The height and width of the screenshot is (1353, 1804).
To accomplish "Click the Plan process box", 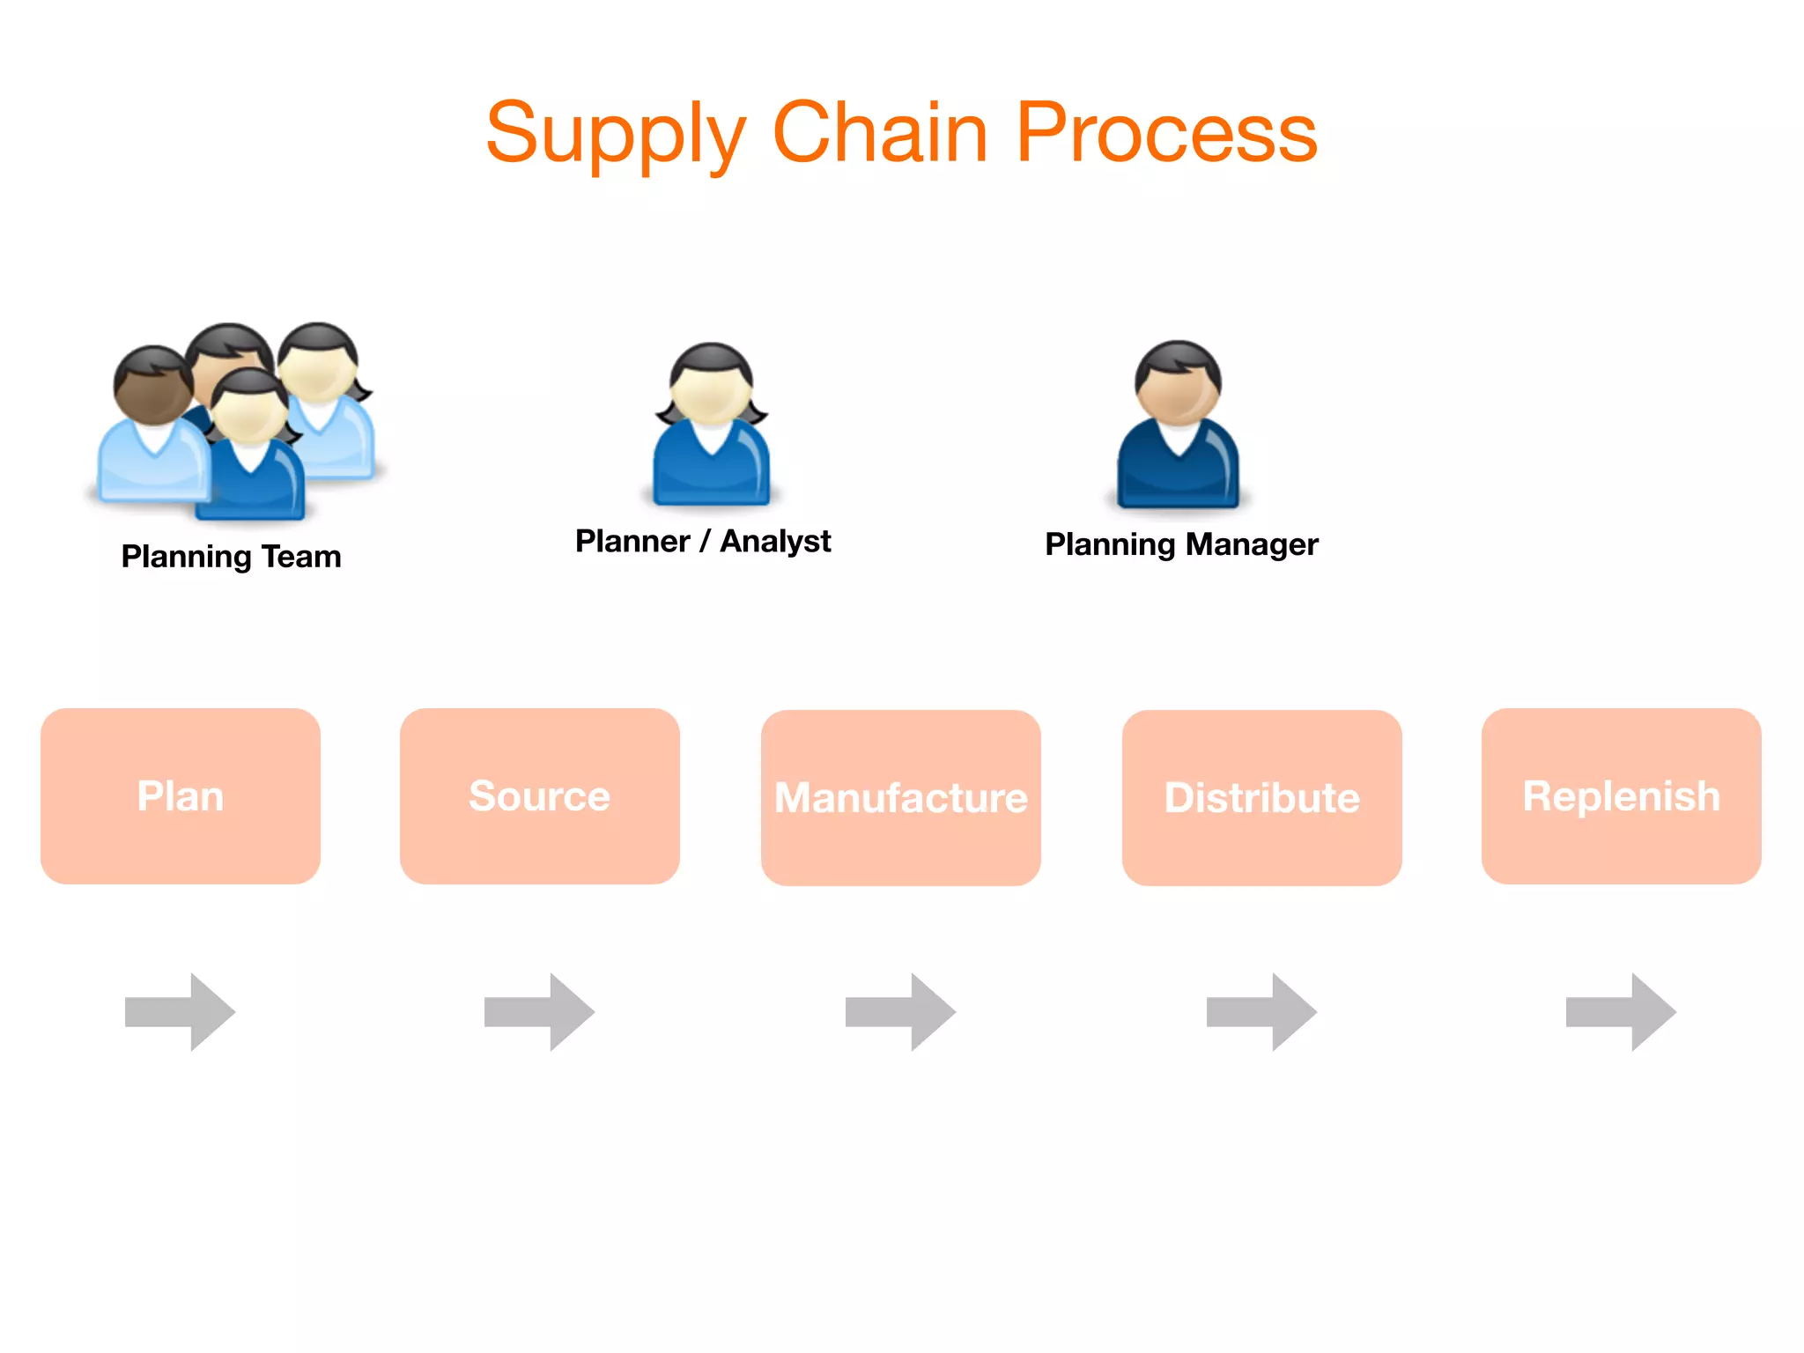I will pyautogui.click(x=181, y=796).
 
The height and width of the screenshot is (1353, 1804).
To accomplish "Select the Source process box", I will pyautogui.click(x=539, y=796).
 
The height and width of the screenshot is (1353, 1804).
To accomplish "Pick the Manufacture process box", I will pyautogui.click(x=900, y=798).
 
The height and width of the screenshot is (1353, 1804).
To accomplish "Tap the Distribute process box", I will pyautogui.click(x=1261, y=798).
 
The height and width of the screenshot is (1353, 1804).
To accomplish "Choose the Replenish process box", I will pyautogui.click(x=1621, y=796).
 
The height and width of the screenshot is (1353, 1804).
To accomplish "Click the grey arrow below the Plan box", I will pyautogui.click(x=181, y=1012).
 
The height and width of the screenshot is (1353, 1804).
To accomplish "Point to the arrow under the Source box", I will pyautogui.click(x=540, y=1012).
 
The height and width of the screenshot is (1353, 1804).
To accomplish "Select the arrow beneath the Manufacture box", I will pyautogui.click(x=900, y=1012).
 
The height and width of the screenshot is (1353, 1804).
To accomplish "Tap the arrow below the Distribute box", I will pyautogui.click(x=1261, y=1012).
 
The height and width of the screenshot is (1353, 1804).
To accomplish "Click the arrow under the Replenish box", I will pyautogui.click(x=1621, y=1012).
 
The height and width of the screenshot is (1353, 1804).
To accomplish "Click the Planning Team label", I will pyautogui.click(x=231, y=557).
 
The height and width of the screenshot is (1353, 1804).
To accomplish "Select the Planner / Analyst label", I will pyautogui.click(x=703, y=541).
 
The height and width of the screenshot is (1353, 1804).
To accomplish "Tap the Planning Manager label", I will pyautogui.click(x=1181, y=544).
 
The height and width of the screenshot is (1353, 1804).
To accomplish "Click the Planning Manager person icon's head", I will pyautogui.click(x=1178, y=383).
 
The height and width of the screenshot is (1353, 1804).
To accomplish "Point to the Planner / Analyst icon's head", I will pyautogui.click(x=711, y=385).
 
